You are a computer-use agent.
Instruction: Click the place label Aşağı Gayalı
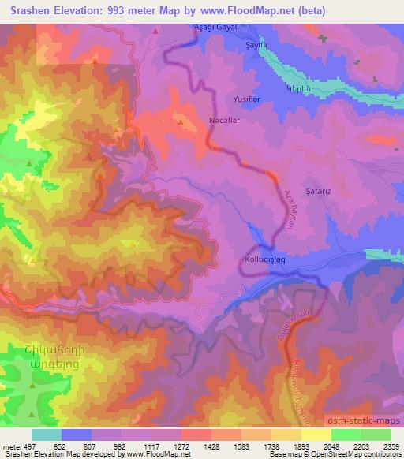click(215, 27)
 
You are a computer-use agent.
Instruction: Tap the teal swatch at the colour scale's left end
click(46, 434)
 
